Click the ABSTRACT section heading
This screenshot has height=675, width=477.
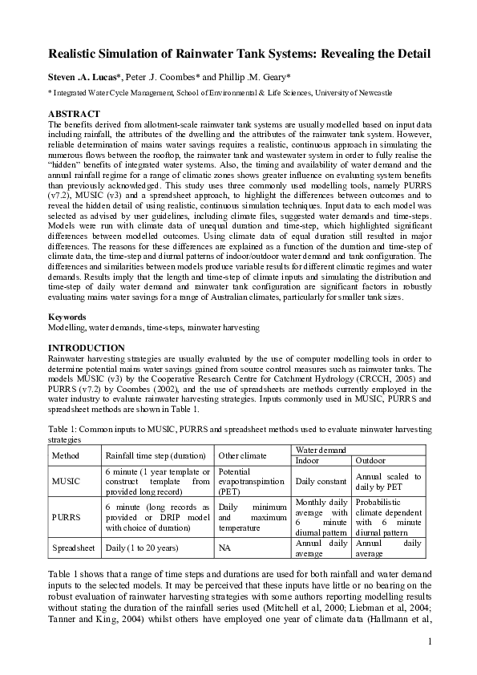[x=75, y=114]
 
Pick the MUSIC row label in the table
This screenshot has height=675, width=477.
[x=67, y=482]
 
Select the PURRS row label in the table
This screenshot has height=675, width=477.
[x=67, y=517]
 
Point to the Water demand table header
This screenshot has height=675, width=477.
[x=321, y=450]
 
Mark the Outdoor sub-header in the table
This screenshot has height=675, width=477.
[x=371, y=460]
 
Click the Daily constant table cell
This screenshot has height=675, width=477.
[x=321, y=482]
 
